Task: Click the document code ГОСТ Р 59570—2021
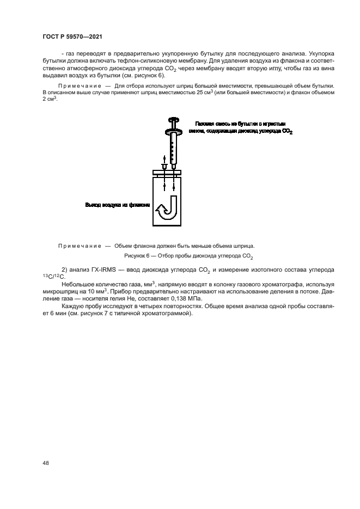[x=72, y=36]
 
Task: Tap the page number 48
[x=46, y=463]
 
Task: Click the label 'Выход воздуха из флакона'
[x=117, y=205]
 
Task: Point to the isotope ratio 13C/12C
[x=53, y=277]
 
